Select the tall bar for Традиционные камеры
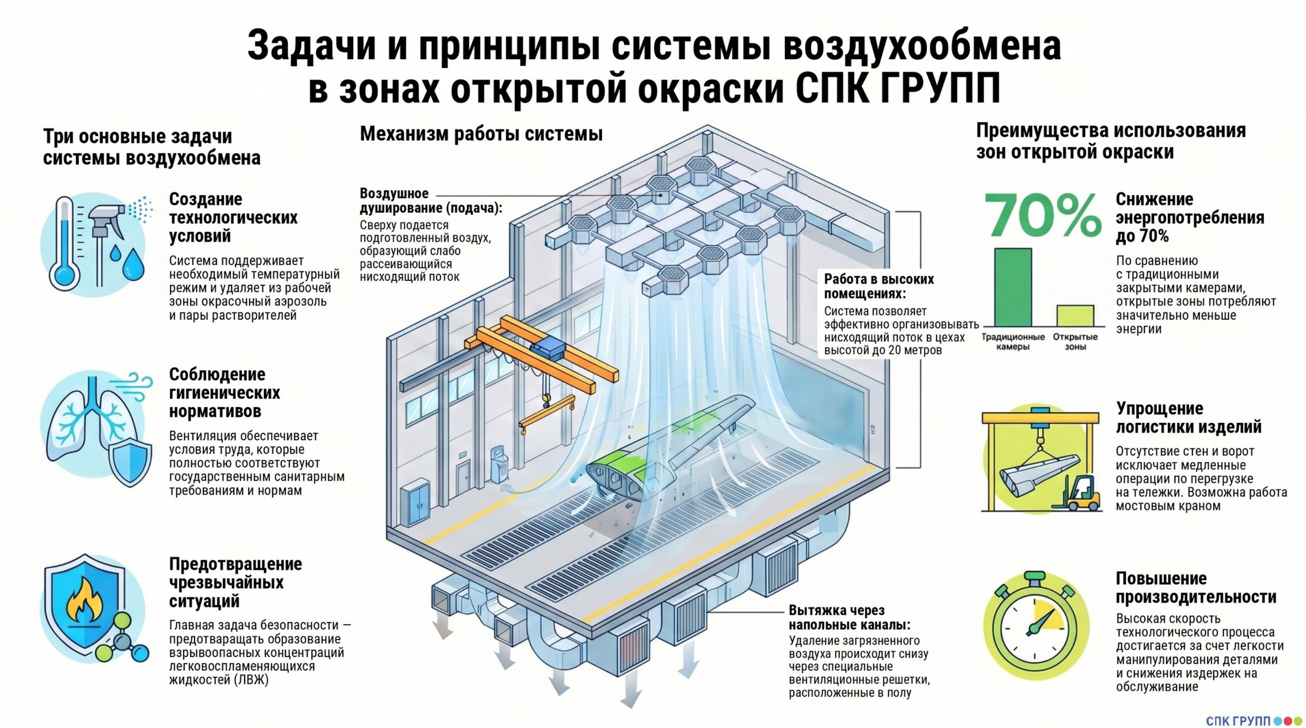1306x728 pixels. (1013, 287)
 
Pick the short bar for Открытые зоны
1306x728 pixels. (1075, 315)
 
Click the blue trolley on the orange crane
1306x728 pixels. (547, 350)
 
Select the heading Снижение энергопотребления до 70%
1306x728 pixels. (1189, 218)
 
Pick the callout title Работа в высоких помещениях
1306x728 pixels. (878, 286)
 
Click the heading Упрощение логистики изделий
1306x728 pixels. (1188, 417)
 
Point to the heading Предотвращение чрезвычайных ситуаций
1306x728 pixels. (235, 582)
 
